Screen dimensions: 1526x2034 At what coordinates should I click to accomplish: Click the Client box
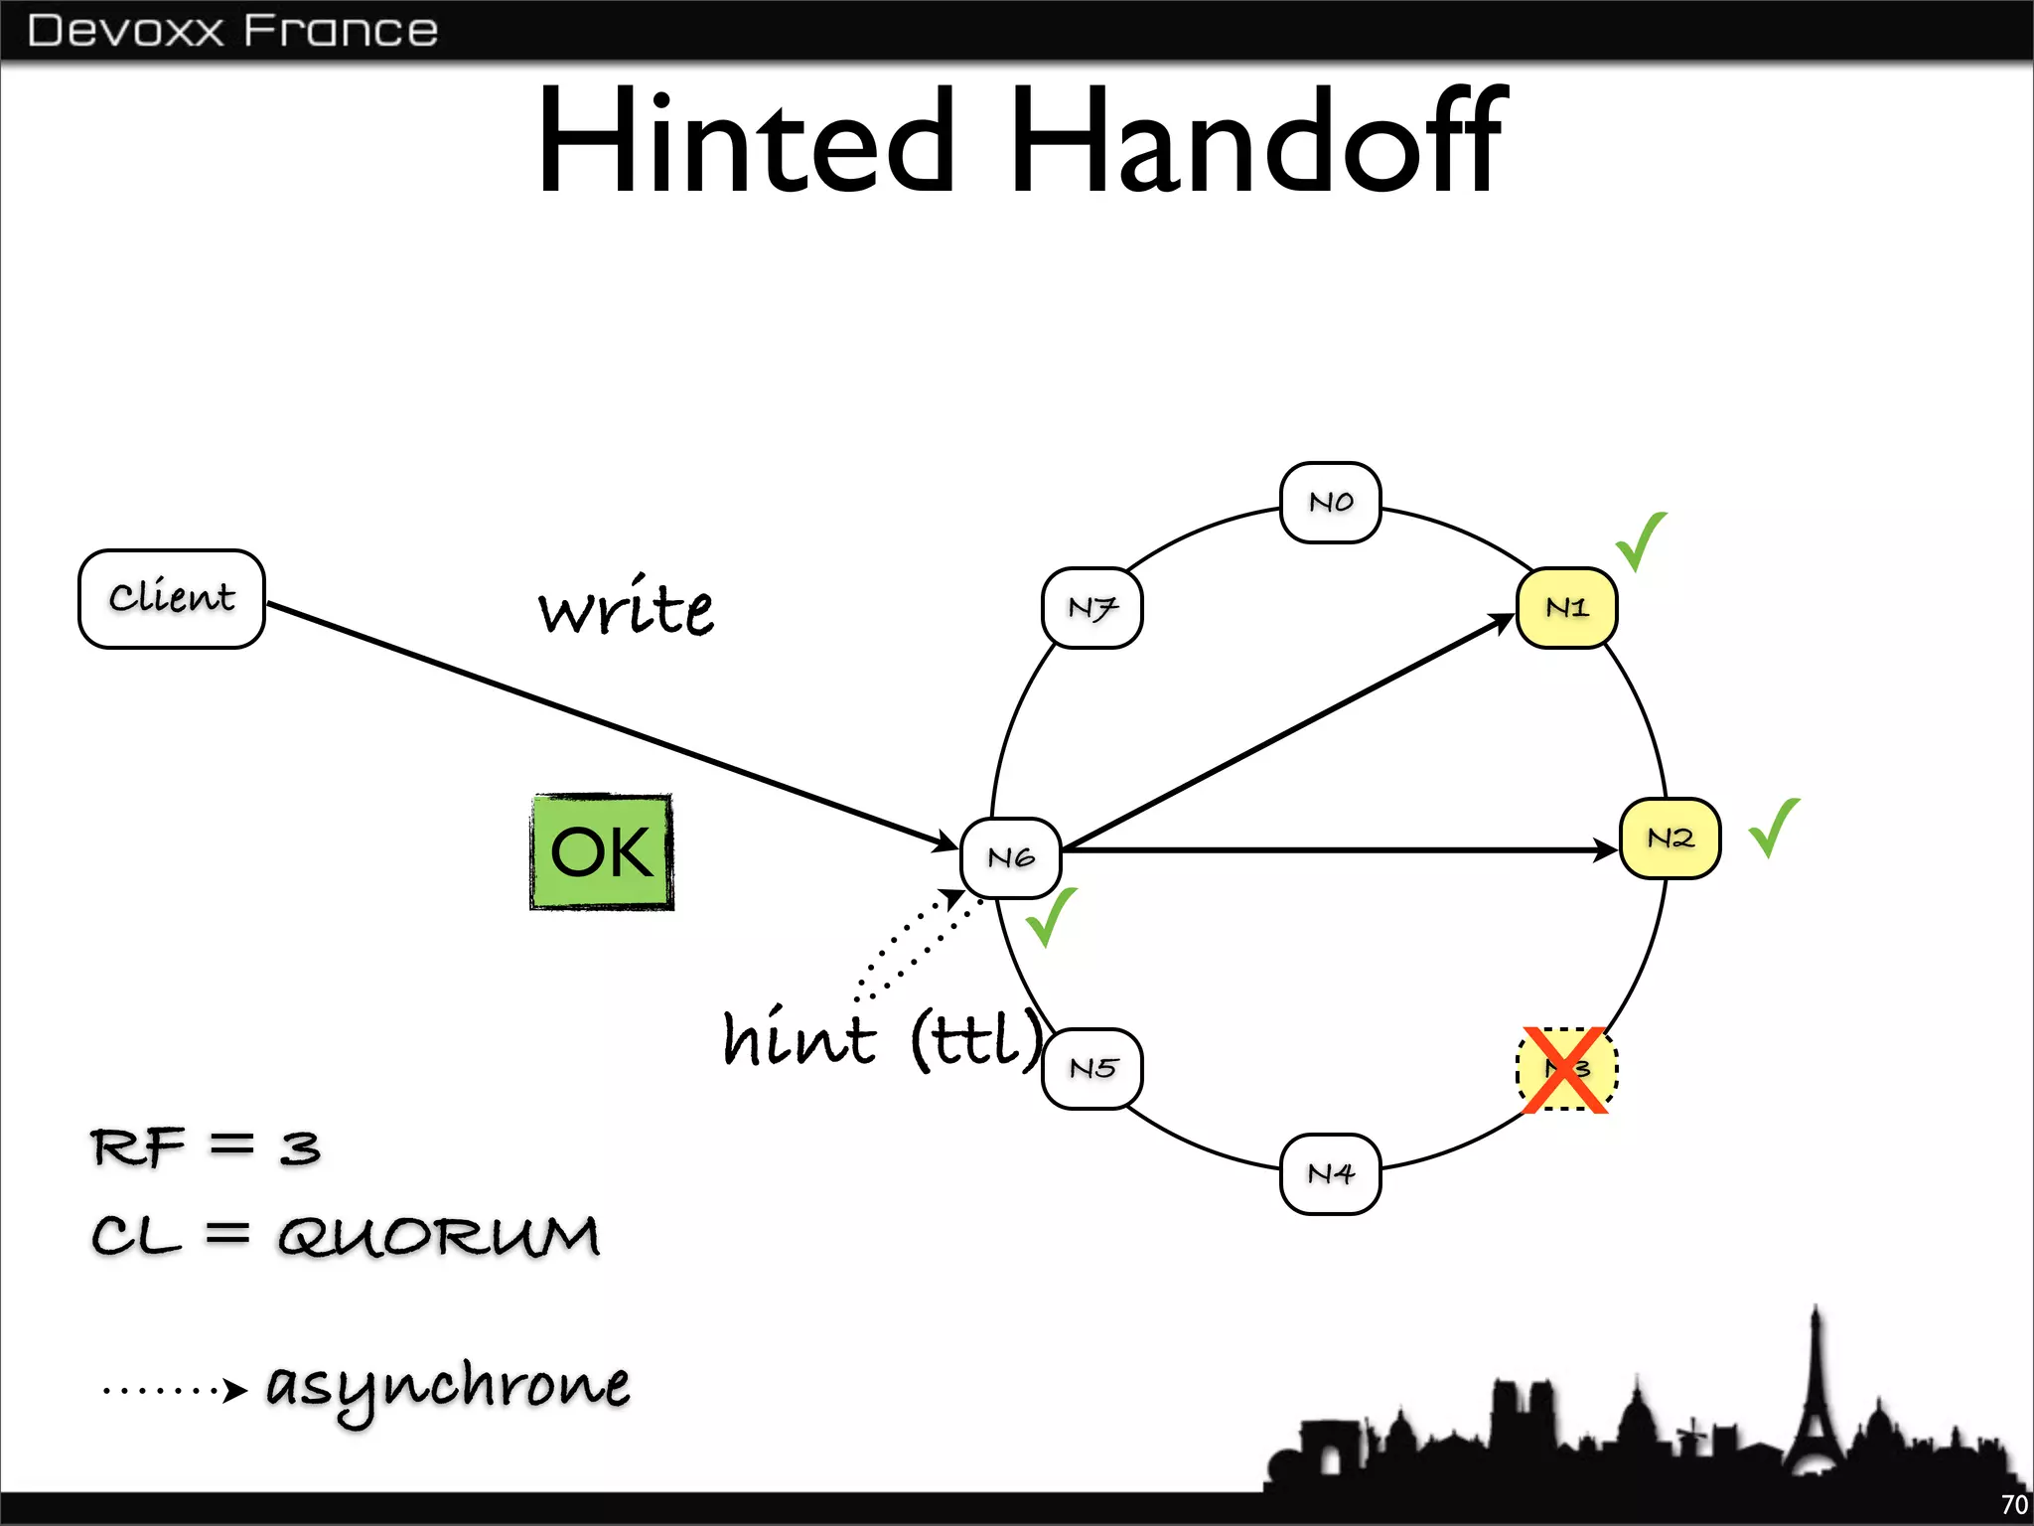[172, 598]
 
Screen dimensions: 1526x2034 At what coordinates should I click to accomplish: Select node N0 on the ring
[1330, 502]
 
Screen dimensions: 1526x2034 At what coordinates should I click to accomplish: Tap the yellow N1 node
[1566, 607]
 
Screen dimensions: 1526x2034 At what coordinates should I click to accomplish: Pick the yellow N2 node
[1670, 839]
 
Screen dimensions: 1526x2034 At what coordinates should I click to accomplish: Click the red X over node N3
[1566, 1070]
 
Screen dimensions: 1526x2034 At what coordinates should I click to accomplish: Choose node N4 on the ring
[1330, 1173]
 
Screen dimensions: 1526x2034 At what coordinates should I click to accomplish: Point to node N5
[1092, 1068]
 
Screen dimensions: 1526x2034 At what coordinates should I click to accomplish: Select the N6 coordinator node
[1011, 857]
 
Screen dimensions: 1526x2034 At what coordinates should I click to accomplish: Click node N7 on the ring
[1092, 607]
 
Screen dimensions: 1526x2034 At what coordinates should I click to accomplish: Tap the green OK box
[602, 851]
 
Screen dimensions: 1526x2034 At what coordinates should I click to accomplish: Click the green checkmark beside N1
[1640, 541]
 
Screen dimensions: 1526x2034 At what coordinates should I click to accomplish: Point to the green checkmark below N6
[1050, 917]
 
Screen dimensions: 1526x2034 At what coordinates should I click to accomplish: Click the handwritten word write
[626, 607]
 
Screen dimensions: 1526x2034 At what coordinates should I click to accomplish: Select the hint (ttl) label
[882, 1038]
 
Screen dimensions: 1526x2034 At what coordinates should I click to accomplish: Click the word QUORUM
[438, 1237]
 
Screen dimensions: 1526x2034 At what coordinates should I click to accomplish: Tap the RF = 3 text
[206, 1147]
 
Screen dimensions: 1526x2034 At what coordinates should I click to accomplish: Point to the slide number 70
[2014, 1505]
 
